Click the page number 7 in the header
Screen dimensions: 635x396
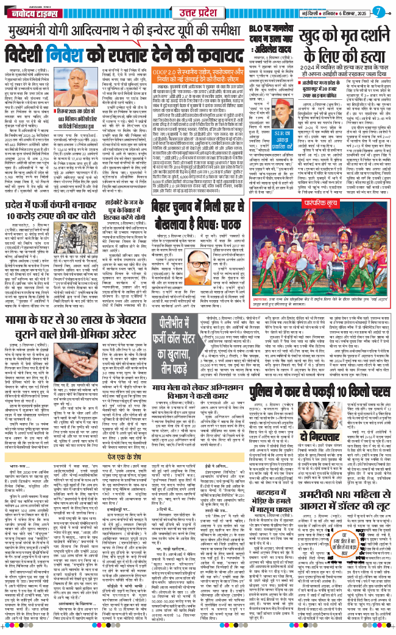click(x=379, y=10)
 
